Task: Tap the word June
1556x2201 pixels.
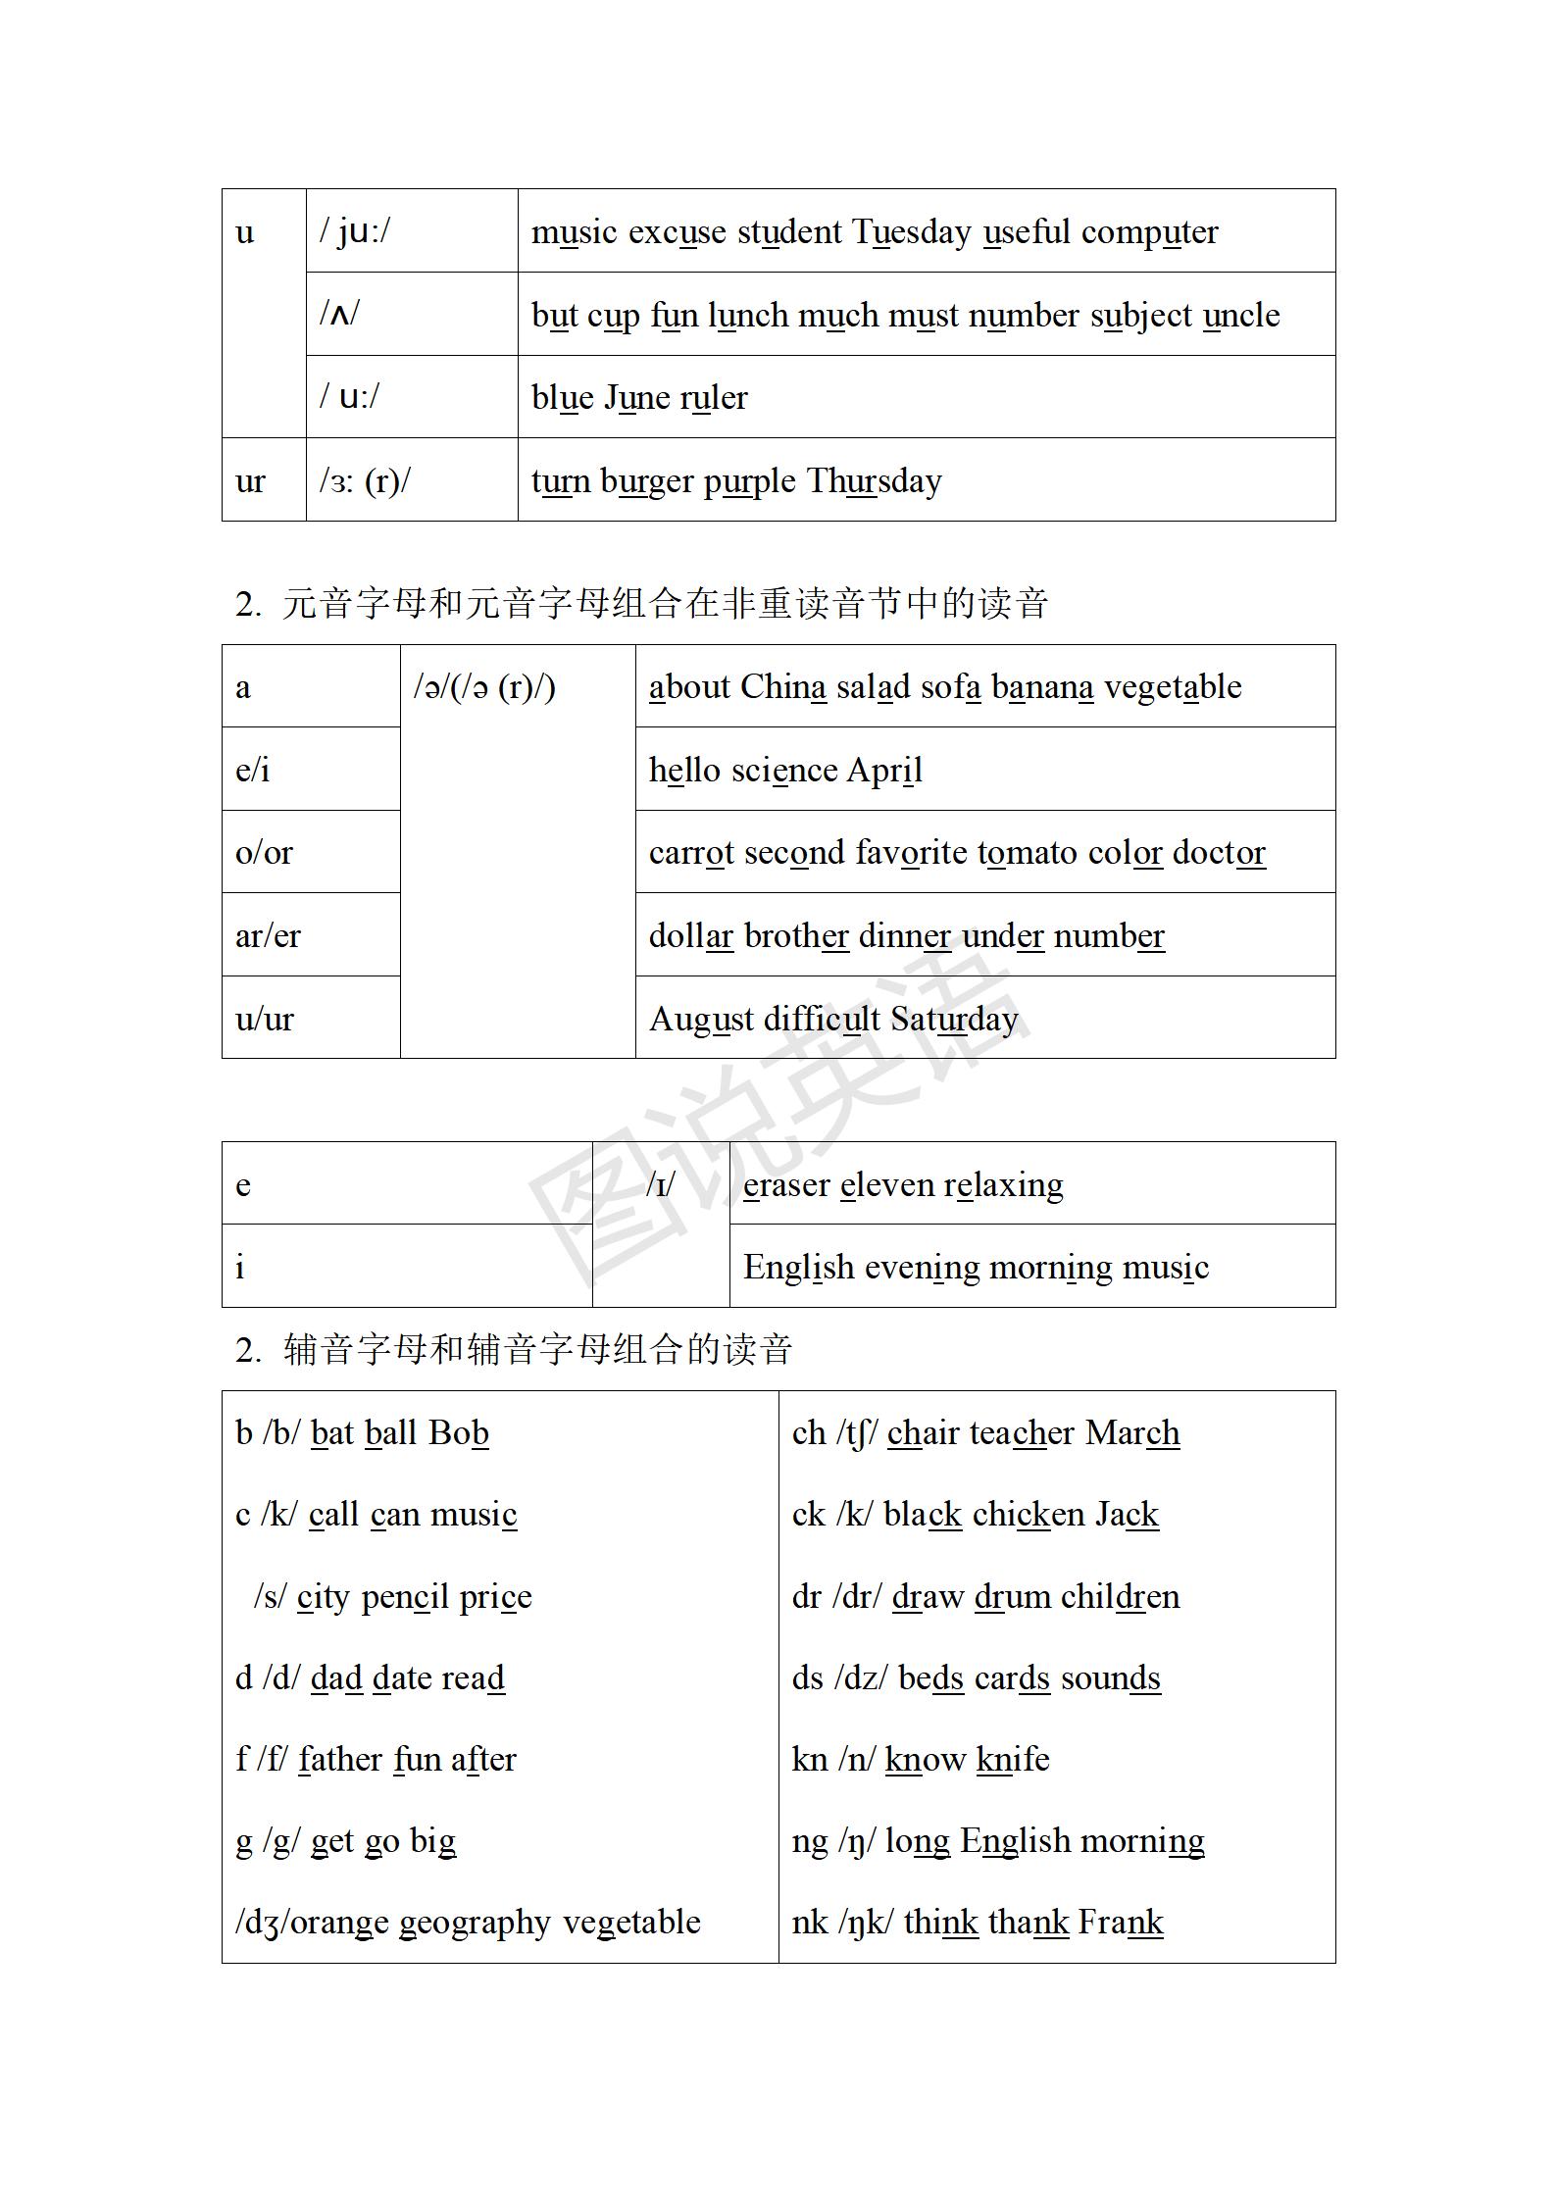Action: (636, 398)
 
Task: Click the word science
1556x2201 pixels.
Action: (784, 771)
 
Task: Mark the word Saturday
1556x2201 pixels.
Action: (953, 1020)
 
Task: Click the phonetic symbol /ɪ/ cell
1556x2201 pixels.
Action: (661, 1185)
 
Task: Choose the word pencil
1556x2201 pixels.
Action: (405, 1597)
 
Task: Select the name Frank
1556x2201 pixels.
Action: (1120, 1923)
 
